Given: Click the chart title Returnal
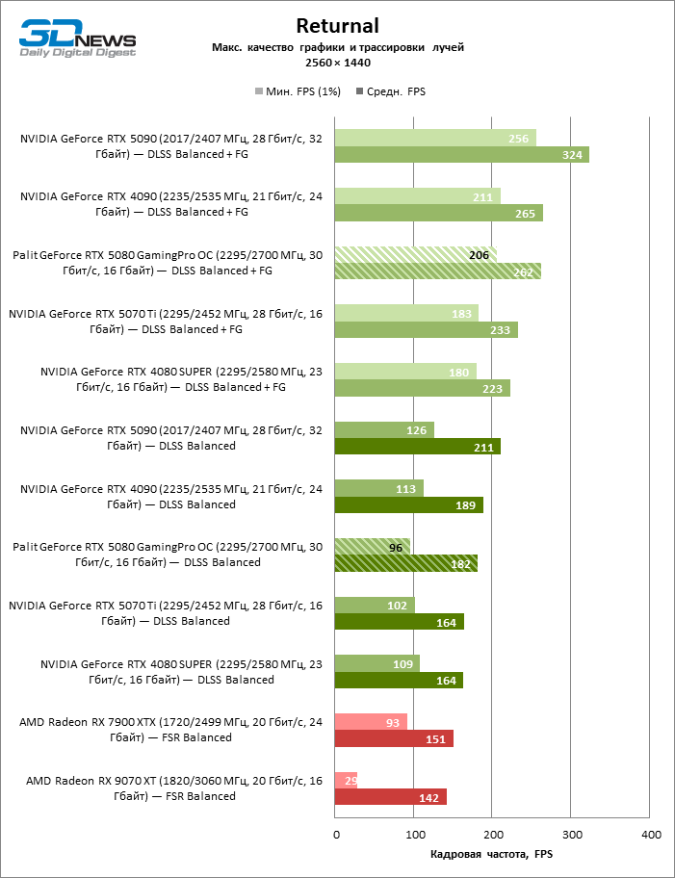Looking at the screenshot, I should [x=337, y=26].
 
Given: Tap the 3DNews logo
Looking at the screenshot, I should [x=78, y=39].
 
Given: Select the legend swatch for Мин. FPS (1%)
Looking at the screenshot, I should [x=258, y=92].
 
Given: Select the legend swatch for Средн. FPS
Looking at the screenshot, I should [x=359, y=92].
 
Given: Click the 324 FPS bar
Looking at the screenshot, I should [x=461, y=154].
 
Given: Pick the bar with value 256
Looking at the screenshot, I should [x=434, y=138].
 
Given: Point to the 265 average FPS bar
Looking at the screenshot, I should [x=438, y=213].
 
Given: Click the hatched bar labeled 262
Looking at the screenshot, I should [x=437, y=271].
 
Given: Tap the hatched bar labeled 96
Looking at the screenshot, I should [x=372, y=547].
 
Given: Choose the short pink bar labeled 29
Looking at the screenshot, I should [x=346, y=780].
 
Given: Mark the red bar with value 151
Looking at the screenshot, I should [x=394, y=738].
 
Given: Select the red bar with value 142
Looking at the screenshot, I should [x=390, y=797].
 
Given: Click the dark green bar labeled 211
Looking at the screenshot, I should [x=417, y=447].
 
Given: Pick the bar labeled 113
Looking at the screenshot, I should [x=378, y=488].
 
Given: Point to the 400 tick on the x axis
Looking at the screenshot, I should [x=651, y=834].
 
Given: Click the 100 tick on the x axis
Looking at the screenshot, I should [x=414, y=834].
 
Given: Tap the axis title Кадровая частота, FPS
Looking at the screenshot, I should [x=492, y=854].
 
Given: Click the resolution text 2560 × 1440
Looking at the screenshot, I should [x=337, y=63].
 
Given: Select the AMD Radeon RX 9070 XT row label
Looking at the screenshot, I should [x=174, y=788].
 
